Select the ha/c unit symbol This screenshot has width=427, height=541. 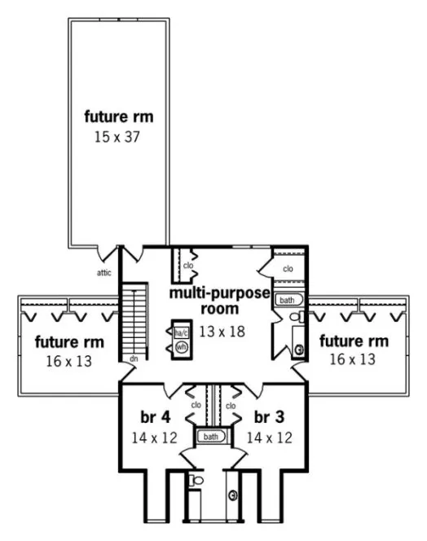point(180,332)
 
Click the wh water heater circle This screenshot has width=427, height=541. point(180,347)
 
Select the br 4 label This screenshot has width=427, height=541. point(154,416)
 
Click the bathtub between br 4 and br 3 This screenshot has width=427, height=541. point(211,437)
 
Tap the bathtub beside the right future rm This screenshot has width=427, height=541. point(288,300)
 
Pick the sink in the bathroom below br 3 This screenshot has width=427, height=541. point(234,495)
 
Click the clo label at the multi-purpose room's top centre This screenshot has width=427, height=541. point(187,265)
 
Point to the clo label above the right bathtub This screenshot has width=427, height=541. point(288,268)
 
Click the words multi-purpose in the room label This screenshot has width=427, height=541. point(220,292)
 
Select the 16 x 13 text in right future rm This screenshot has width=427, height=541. point(353,358)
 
